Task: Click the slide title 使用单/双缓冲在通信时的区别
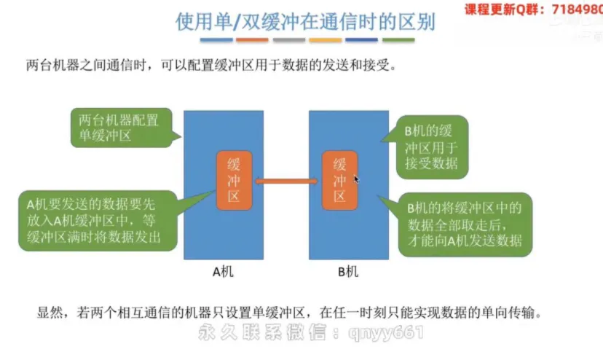[305, 22]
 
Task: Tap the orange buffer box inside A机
[234, 179]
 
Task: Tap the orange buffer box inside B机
[339, 179]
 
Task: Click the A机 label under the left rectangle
[223, 273]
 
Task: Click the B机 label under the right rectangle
[347, 273]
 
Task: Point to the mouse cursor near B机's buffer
[356, 179]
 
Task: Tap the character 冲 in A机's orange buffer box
[234, 179]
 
